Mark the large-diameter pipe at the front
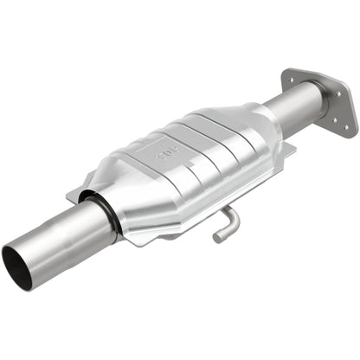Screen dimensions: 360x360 coord(61,239)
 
